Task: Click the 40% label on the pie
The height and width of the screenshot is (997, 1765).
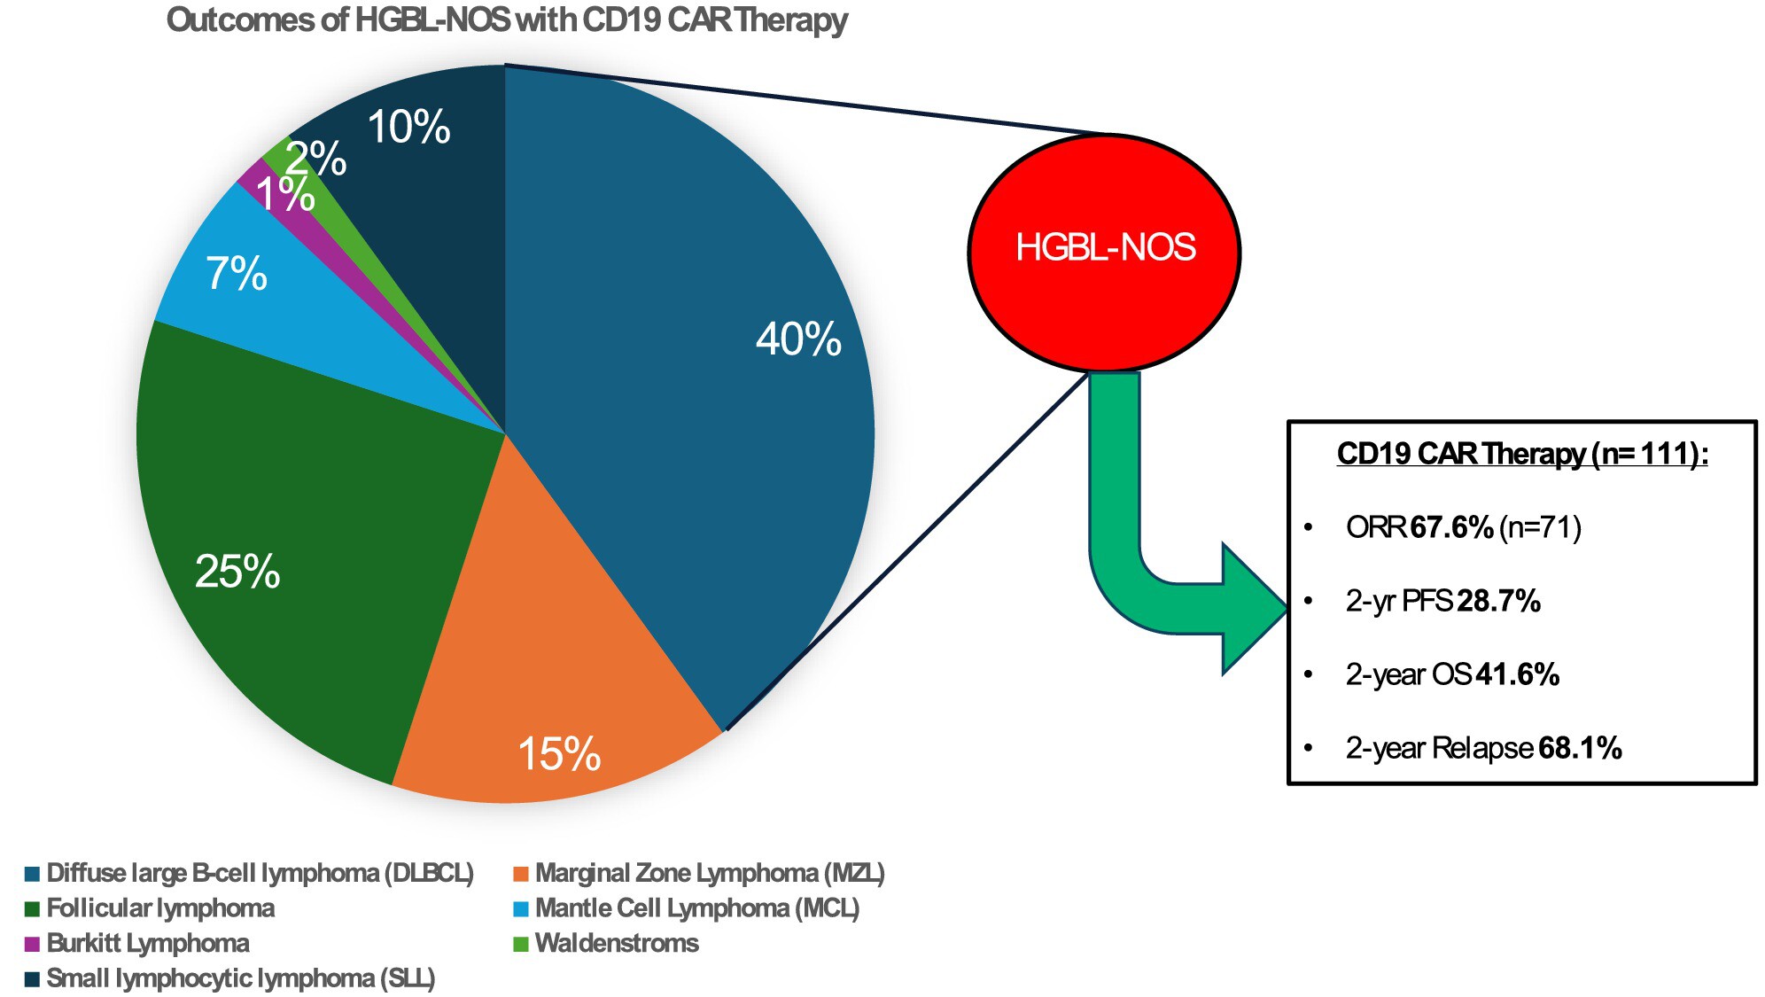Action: [x=798, y=339]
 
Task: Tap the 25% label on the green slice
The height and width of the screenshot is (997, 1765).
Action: [x=237, y=572]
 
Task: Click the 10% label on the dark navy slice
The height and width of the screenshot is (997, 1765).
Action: [x=408, y=127]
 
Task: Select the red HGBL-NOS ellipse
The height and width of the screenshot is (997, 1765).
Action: [x=1104, y=253]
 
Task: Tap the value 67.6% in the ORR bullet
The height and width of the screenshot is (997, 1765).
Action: [x=1451, y=527]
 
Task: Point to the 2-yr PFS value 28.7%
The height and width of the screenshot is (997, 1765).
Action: [x=1498, y=601]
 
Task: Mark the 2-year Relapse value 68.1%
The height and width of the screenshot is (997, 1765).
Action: [x=1580, y=748]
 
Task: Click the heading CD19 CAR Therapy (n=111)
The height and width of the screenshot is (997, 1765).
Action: [x=1521, y=454]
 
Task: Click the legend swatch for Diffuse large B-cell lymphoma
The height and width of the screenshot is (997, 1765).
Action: [x=33, y=874]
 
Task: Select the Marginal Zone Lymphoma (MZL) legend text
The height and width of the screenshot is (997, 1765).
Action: [x=710, y=874]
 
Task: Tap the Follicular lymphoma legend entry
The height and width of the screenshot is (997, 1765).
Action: [x=160, y=908]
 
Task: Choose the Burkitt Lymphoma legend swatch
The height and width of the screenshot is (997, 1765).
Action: [x=33, y=944]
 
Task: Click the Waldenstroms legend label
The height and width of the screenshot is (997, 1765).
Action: [x=617, y=944]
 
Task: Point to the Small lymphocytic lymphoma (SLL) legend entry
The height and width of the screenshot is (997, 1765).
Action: [x=240, y=978]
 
